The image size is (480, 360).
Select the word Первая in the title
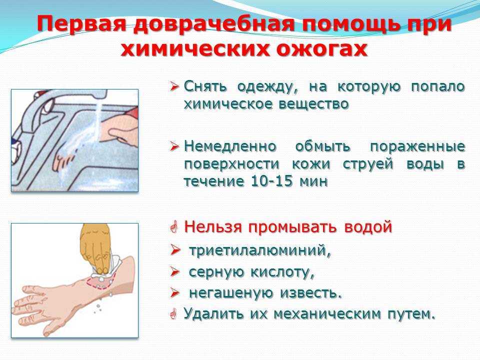coord(81,24)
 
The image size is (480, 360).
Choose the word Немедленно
coord(230,146)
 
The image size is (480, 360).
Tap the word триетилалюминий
coord(260,250)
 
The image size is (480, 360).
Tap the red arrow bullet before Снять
coord(174,87)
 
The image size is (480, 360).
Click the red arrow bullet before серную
coord(175,272)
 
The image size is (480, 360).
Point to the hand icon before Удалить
coord(173,314)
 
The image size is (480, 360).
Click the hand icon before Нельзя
coord(174,227)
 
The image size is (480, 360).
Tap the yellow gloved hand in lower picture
coord(95,248)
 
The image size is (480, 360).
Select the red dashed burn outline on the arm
coord(100,282)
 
